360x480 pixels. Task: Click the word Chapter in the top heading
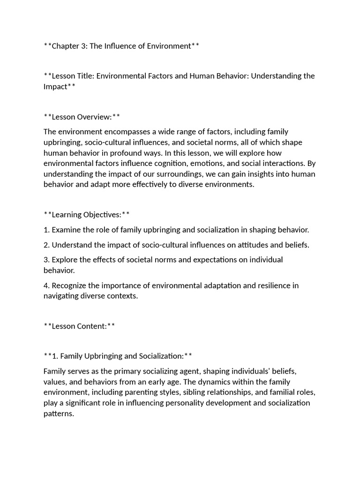pos(66,46)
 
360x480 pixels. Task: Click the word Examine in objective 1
pos(66,230)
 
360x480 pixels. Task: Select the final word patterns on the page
pos(59,414)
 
